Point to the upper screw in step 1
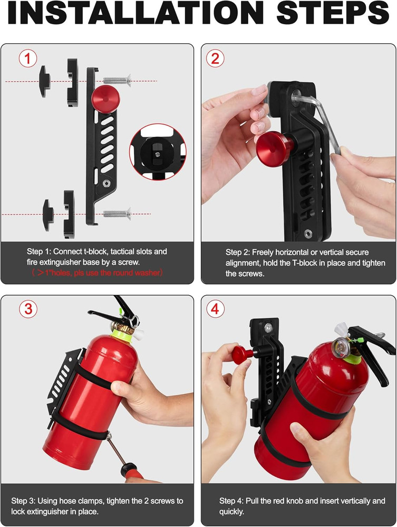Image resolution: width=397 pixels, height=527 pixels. click(x=117, y=80)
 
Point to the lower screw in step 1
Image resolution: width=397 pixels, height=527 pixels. click(x=117, y=213)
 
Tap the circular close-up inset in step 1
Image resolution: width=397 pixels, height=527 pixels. click(x=157, y=149)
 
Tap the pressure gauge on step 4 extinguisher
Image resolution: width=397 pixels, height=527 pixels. click(x=338, y=346)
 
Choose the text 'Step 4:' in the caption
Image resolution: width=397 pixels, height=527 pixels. click(x=232, y=501)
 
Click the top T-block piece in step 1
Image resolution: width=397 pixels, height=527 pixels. click(x=44, y=79)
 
